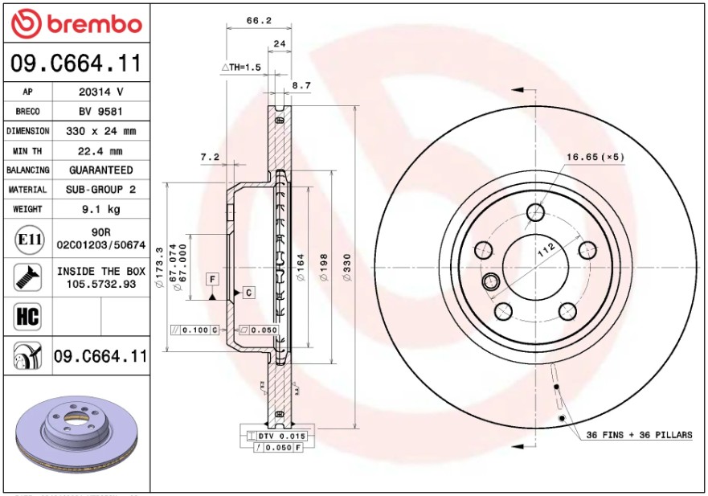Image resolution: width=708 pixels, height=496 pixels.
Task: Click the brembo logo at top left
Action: (76, 24)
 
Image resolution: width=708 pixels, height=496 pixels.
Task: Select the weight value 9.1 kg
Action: (101, 209)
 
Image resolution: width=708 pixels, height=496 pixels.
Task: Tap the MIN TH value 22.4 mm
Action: (101, 150)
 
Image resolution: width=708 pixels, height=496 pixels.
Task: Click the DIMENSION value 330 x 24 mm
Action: (101, 131)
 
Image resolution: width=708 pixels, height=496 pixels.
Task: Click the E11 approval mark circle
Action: (29, 239)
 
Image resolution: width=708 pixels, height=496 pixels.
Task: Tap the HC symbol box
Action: (27, 316)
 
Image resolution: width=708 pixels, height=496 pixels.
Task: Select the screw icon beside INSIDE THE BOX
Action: (27, 277)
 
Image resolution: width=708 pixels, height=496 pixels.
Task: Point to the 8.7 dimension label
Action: (301, 84)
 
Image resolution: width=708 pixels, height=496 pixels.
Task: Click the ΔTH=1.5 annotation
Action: (241, 68)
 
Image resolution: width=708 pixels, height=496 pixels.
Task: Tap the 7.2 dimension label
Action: (209, 158)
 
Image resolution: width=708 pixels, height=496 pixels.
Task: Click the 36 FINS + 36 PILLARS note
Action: (638, 435)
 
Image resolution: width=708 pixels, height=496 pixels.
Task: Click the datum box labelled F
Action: (212, 278)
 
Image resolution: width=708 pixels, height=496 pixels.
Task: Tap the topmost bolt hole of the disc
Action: (535, 212)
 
